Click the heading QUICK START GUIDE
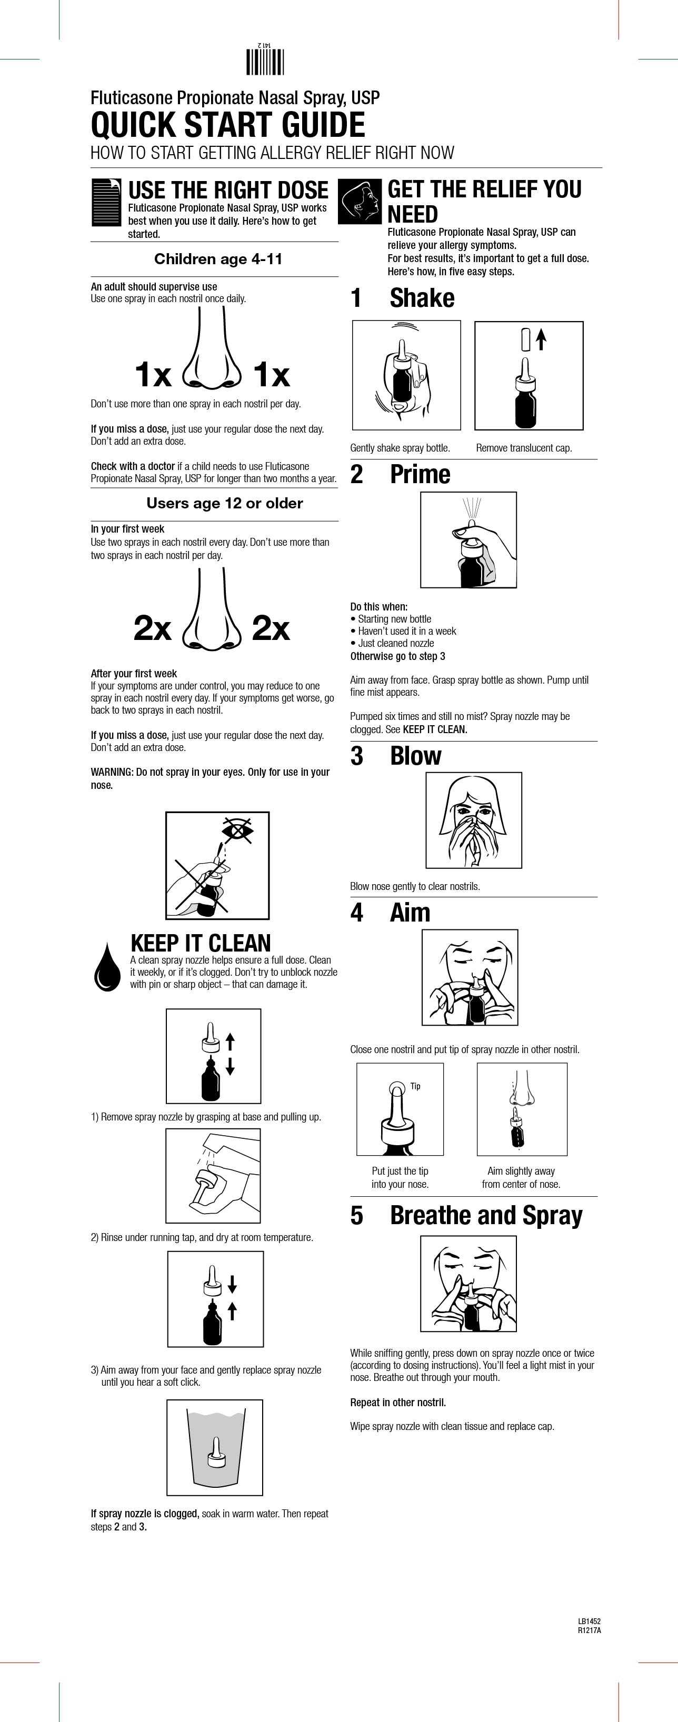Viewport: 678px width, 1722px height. pyautogui.click(x=228, y=126)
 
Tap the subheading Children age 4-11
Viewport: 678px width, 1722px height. pyautogui.click(x=218, y=259)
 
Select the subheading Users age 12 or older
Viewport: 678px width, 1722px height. pyautogui.click(x=225, y=503)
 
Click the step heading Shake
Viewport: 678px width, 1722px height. pyautogui.click(x=422, y=298)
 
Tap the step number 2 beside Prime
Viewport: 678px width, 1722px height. pyautogui.click(x=357, y=475)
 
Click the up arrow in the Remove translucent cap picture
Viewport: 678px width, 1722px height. pyautogui.click(x=542, y=339)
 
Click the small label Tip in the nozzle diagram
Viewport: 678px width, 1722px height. pyautogui.click(x=415, y=1086)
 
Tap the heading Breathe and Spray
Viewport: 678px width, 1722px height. pyautogui.click(x=486, y=1215)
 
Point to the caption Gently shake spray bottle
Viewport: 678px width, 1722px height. pyautogui.click(x=400, y=448)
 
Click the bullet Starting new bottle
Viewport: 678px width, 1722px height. pyautogui.click(x=391, y=619)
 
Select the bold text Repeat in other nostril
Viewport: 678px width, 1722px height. pyautogui.click(x=398, y=1403)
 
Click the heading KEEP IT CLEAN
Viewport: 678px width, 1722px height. pyautogui.click(x=201, y=943)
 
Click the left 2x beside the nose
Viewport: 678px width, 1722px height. pyautogui.click(x=153, y=628)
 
